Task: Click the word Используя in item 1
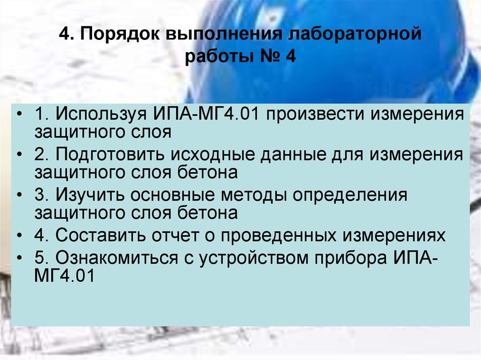[102, 115]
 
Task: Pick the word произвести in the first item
[318, 115]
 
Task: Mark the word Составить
[101, 235]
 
